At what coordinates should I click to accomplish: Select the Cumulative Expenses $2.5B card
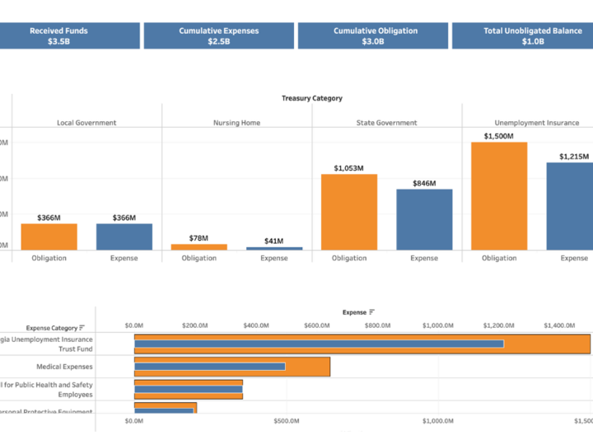(218, 35)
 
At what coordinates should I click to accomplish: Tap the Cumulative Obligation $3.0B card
(375, 35)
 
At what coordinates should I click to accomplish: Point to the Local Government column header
(86, 123)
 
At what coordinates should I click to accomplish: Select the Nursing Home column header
(237, 123)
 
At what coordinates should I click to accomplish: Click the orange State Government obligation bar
(349, 212)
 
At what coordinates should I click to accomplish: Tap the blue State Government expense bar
(424, 219)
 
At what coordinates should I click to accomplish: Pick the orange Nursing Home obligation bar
(199, 246)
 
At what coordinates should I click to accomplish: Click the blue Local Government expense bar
(124, 237)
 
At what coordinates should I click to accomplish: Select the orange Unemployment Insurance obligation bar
(499, 196)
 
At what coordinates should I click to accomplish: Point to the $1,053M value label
(349, 168)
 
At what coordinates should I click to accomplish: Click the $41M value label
(274, 241)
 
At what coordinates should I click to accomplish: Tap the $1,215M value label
(574, 157)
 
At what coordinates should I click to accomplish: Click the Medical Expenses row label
(64, 367)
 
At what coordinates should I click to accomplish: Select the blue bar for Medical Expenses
(210, 367)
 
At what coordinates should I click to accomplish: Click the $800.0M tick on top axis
(377, 326)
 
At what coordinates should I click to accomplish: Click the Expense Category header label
(51, 327)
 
